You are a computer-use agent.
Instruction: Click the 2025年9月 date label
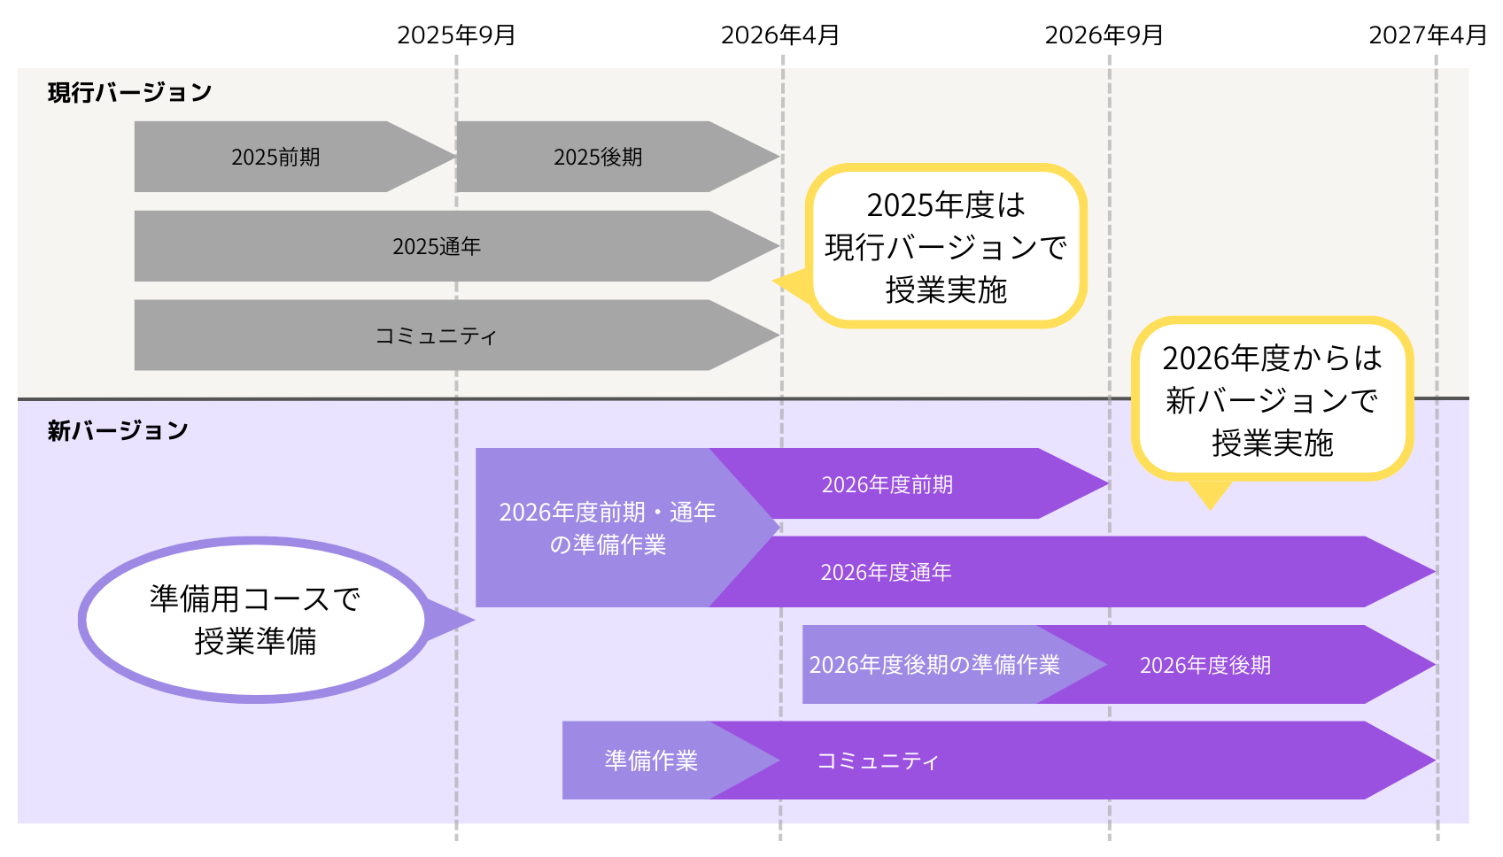pyautogui.click(x=456, y=35)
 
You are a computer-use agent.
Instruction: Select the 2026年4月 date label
pyautogui.click(x=780, y=35)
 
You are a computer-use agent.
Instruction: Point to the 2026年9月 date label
pyautogui.click(x=1104, y=35)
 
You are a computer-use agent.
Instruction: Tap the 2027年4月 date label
pyautogui.click(x=1428, y=35)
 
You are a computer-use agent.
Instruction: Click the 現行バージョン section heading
pyautogui.click(x=129, y=92)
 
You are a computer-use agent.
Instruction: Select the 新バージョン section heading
pyautogui.click(x=118, y=430)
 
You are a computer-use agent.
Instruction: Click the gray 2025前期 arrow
pyautogui.click(x=275, y=158)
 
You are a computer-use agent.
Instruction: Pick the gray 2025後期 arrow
pyautogui.click(x=598, y=158)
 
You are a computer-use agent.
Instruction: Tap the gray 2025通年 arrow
pyautogui.click(x=437, y=246)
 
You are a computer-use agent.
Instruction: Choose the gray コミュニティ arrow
pyautogui.click(x=436, y=336)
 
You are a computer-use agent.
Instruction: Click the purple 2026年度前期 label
pyautogui.click(x=887, y=484)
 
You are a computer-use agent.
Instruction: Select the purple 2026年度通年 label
pyautogui.click(x=886, y=572)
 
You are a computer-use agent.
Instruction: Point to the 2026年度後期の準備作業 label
pyautogui.click(x=934, y=665)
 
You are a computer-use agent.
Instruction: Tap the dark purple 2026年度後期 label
pyautogui.click(x=1205, y=665)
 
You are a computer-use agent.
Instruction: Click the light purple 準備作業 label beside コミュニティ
pyautogui.click(x=651, y=760)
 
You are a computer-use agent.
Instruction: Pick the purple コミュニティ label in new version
pyautogui.click(x=878, y=760)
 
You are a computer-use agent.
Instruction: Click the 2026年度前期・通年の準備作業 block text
pyautogui.click(x=608, y=528)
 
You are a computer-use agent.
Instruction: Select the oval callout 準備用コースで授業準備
pyautogui.click(x=255, y=620)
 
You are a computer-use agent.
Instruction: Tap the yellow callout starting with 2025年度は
pyautogui.click(x=946, y=247)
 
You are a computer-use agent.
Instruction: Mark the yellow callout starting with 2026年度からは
pyautogui.click(x=1272, y=400)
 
